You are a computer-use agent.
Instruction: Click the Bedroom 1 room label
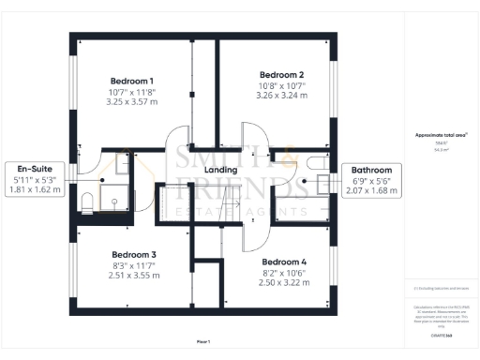point(132,82)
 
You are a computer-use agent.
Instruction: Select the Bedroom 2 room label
point(282,74)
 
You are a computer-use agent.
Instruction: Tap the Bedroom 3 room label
point(133,254)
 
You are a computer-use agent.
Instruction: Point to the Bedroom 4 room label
point(284,262)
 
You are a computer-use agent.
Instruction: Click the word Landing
point(220,170)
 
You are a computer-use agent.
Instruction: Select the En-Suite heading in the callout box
point(37,168)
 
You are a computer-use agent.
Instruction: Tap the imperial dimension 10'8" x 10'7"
point(282,85)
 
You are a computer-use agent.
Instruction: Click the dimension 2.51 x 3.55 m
point(133,276)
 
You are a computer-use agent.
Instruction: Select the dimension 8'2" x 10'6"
point(284,273)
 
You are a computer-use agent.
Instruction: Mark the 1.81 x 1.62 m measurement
point(37,188)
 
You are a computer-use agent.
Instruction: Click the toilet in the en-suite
point(84,200)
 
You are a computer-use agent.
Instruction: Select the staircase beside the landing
point(173,202)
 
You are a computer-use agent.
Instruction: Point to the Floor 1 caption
point(203,341)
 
